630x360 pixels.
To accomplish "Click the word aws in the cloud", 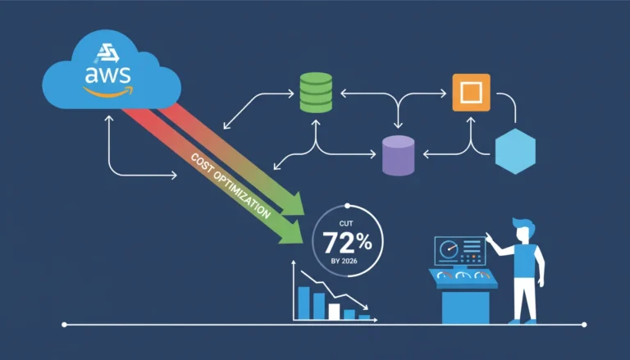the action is pyautogui.click(x=107, y=75).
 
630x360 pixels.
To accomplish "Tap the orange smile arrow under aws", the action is pyautogui.click(x=108, y=93).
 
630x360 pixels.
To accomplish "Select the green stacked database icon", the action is pyautogui.click(x=316, y=93).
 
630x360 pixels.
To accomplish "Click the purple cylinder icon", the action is pyautogui.click(x=398, y=156).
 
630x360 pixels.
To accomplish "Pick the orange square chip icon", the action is pyautogui.click(x=472, y=93).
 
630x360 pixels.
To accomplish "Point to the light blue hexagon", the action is pyautogui.click(x=515, y=152).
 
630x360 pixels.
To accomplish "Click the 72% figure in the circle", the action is pyautogui.click(x=347, y=243).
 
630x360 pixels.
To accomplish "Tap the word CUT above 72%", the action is pyautogui.click(x=346, y=223).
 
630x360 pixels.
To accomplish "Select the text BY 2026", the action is pyautogui.click(x=345, y=261).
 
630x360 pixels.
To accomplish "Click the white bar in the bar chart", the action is pyautogui.click(x=334, y=312).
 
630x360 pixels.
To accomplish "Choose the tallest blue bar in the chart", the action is pyautogui.click(x=304, y=303).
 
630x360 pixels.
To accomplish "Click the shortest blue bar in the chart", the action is pyautogui.click(x=364, y=317).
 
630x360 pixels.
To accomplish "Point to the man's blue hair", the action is pyautogui.click(x=523, y=226).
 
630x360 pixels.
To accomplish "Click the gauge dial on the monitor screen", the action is pyautogui.click(x=450, y=249).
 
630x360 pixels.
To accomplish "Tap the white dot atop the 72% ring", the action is pyautogui.click(x=348, y=206).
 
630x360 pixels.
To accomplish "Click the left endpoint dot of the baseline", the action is pyautogui.click(x=64, y=325).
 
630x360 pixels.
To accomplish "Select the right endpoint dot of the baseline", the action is pyautogui.click(x=584, y=325).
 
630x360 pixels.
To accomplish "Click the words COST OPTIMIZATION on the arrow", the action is pyautogui.click(x=231, y=186).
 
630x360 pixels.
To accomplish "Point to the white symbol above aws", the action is pyautogui.click(x=107, y=53).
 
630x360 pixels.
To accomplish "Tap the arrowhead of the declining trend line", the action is pyautogui.click(x=365, y=307).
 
